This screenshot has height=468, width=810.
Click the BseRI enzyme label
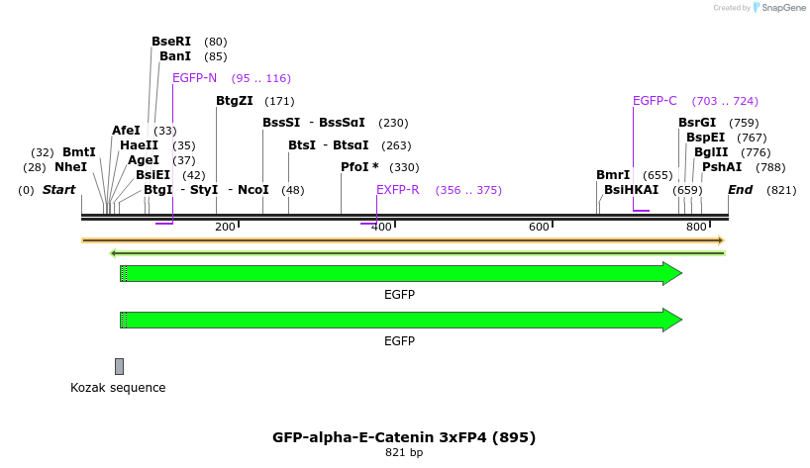[170, 42]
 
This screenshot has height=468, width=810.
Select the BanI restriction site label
[174, 56]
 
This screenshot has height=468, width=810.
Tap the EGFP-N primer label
[194, 78]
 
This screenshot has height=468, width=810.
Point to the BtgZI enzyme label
[235, 101]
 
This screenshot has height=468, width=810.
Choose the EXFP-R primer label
[398, 190]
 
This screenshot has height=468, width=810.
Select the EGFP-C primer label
[655, 101]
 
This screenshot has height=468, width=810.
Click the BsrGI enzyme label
[697, 123]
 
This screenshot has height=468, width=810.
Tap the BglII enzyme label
[711, 152]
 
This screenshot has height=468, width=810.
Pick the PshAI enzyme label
[722, 167]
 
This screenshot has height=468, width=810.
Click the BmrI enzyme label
[613, 175]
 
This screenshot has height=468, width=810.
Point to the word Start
[58, 190]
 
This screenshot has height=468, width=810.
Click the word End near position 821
[740, 190]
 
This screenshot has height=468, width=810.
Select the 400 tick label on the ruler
[382, 228]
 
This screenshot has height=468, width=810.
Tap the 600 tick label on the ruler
[539, 228]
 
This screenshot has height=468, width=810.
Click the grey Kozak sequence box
[119, 366]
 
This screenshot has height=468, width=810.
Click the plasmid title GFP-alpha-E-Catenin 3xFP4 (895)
[404, 436]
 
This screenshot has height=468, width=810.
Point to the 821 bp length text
[404, 453]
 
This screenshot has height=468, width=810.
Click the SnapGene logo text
[782, 8]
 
